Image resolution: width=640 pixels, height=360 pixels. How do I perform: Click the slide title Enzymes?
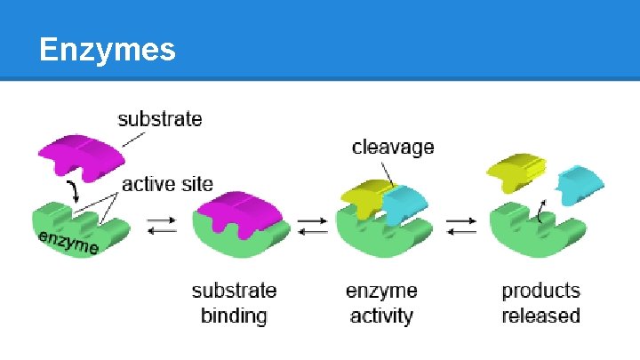coord(107,51)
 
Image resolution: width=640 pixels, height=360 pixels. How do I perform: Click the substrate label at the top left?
coord(160,118)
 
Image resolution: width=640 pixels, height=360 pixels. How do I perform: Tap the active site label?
coord(167,184)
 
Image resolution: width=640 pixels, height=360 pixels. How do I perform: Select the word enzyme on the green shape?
coord(68,240)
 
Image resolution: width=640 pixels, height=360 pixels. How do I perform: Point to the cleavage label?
coord(393,147)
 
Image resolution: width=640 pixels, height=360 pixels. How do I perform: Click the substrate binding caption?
coord(234,303)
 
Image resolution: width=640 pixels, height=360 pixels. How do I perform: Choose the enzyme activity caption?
coord(380,303)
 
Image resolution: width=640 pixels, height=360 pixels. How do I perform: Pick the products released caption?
coord(540,303)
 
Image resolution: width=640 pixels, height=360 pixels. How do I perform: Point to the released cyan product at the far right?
coord(580,182)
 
